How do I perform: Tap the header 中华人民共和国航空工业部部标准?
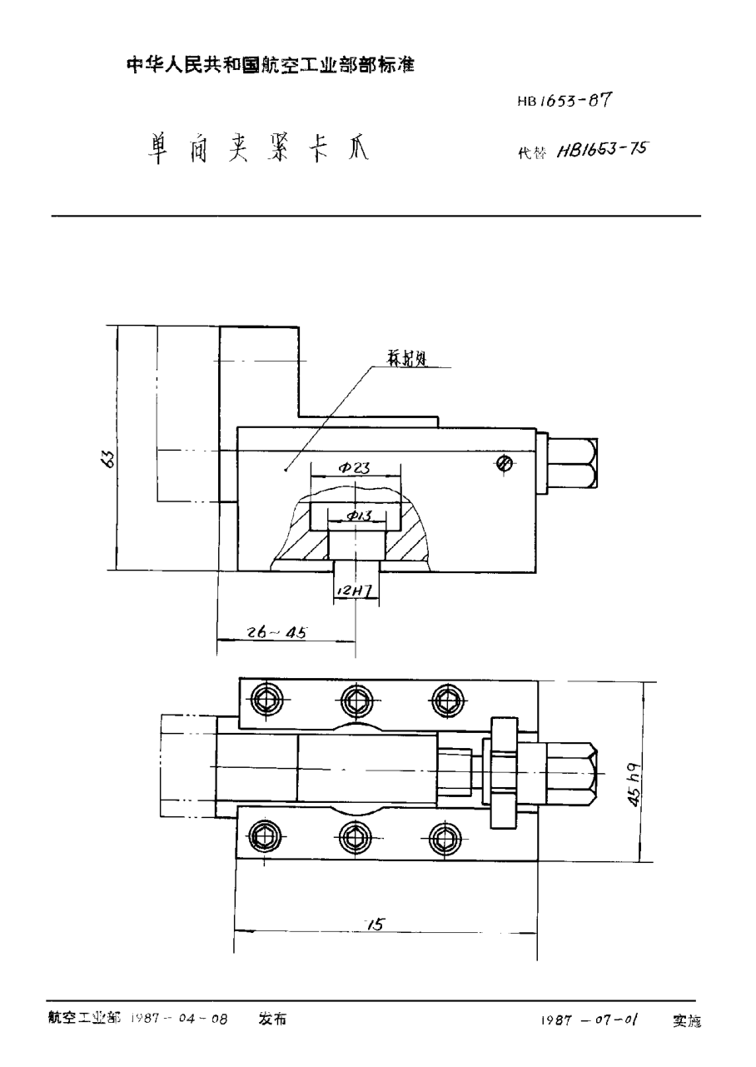coord(270,65)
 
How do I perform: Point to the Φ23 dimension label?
coord(354,468)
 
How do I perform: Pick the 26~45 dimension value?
coord(277,632)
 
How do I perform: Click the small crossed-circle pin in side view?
coord(503,465)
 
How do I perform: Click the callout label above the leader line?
coord(407,360)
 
